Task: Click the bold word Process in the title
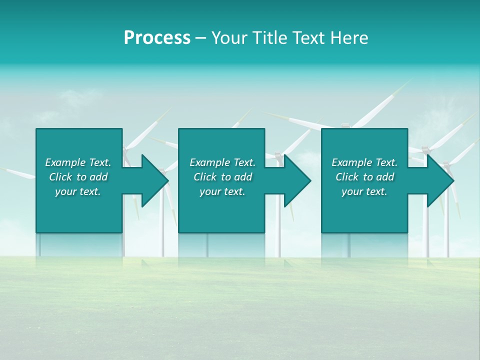coord(157,38)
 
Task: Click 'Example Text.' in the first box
coord(78,162)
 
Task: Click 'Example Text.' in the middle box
coord(222,162)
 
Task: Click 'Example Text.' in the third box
coord(364,162)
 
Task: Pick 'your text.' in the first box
coord(78,191)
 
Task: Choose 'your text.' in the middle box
coord(222,191)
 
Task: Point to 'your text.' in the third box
coord(364,191)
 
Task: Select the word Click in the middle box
coord(205,177)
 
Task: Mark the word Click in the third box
coord(347,177)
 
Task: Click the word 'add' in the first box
coord(98,177)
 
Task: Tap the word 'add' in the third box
coord(385,177)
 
